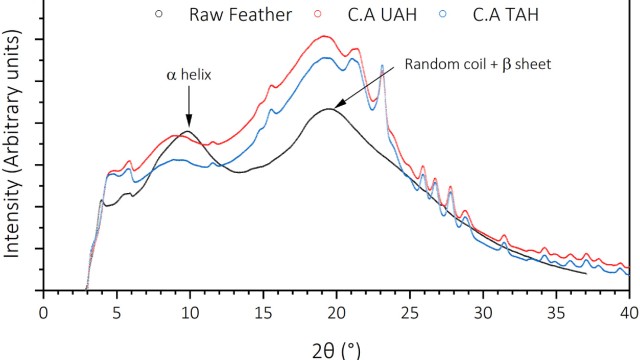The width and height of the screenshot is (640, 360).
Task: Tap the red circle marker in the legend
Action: [319, 14]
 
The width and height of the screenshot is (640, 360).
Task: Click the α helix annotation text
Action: [188, 73]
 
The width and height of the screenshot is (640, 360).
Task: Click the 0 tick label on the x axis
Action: [43, 311]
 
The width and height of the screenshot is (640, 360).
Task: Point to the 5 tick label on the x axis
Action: [116, 311]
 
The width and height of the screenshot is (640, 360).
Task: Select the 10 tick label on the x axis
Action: [189, 311]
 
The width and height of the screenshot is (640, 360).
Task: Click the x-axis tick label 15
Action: [262, 311]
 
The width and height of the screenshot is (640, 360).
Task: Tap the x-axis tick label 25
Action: [409, 311]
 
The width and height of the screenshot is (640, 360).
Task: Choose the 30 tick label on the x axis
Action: [482, 311]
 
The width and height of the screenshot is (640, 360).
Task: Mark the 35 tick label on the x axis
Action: [556, 311]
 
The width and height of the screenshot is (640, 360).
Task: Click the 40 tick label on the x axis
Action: [628, 311]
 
